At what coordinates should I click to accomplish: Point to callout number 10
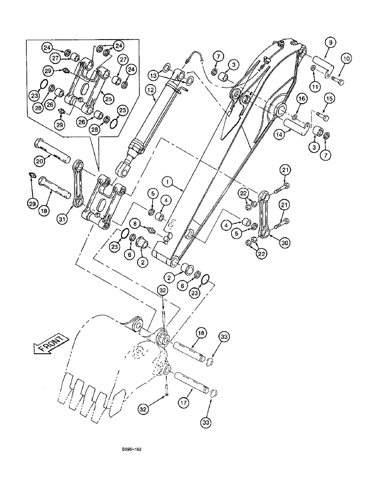click(346, 59)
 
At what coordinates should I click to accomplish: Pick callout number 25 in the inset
click(109, 98)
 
